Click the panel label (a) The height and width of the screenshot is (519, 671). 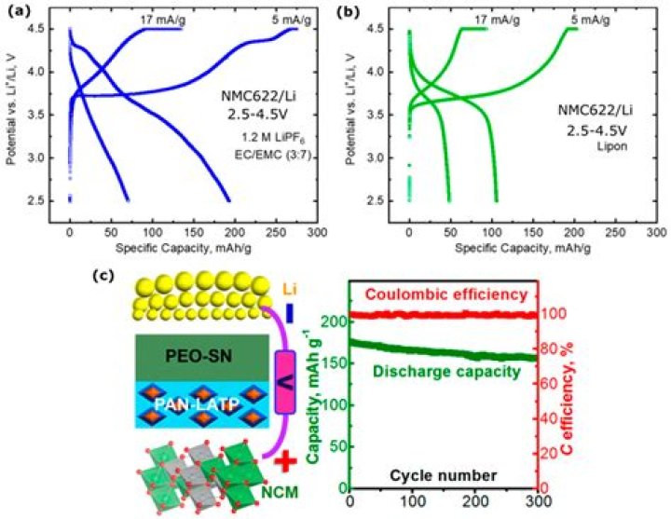coord(20,11)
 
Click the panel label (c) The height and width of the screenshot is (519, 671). coord(103,276)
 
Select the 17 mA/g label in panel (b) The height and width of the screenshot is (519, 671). coord(498,20)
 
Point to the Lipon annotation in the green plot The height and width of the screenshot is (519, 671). coord(612,146)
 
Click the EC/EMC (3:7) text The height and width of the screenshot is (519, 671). coord(272,155)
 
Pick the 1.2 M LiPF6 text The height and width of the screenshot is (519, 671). coord(273,139)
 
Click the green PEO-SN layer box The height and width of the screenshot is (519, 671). coord(202,358)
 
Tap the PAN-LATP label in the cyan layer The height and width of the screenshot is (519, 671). coord(196,403)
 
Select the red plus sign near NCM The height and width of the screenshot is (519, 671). coord(285,462)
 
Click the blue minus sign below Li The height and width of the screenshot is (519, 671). coord(290,313)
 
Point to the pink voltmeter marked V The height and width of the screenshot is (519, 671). coord(285,382)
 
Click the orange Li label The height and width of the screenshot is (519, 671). coord(290,290)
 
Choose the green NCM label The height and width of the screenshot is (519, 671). coord(280,492)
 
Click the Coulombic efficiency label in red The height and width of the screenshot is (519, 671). coord(446,294)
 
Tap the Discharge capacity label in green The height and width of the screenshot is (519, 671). coord(446,371)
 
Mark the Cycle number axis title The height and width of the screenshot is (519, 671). coord(444,475)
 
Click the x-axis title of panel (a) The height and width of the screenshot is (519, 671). coord(184,248)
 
